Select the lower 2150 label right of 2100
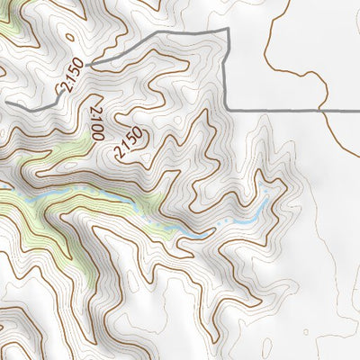[x=130, y=143]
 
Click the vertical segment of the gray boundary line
[x=227, y=72]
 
